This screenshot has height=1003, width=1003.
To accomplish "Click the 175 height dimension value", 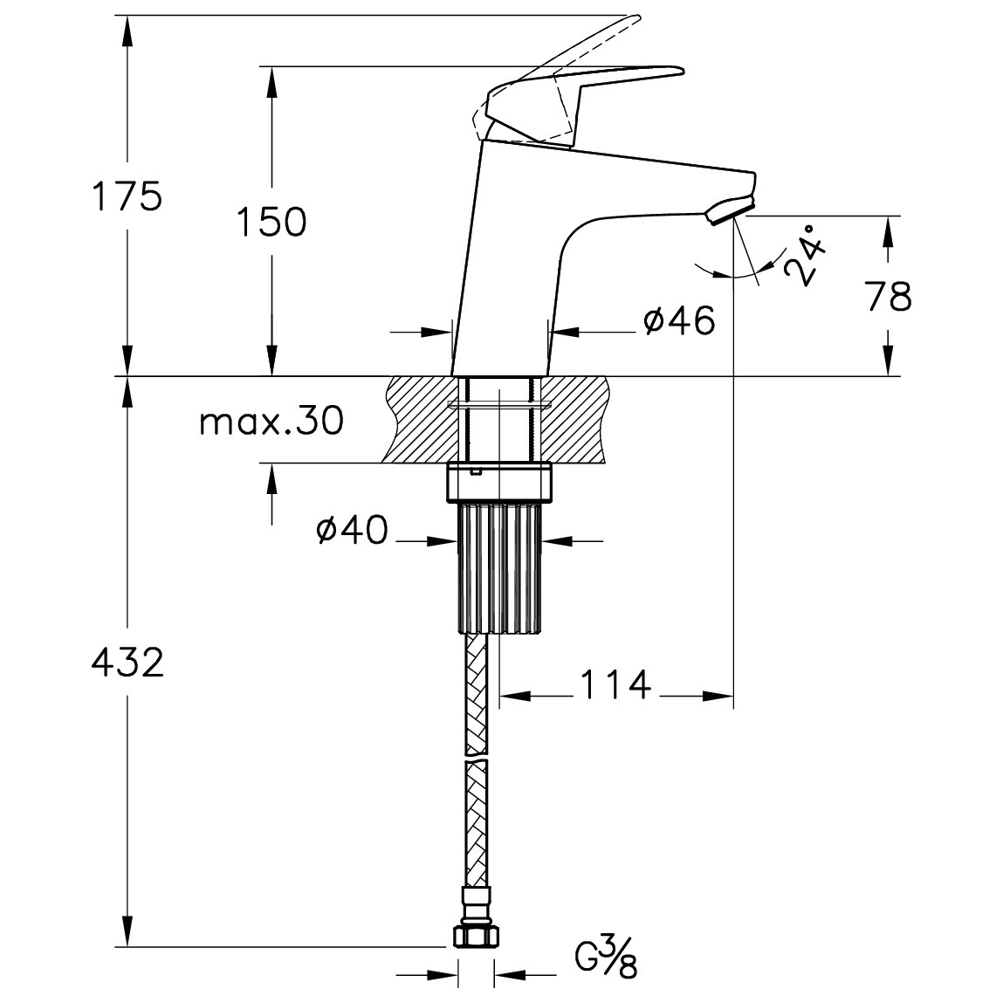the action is coord(127,196).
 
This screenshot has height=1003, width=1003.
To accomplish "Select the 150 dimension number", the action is coord(271,222).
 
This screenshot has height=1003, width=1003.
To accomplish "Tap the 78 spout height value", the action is coord(890,296).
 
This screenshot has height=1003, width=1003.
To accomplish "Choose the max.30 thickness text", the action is coord(271,422).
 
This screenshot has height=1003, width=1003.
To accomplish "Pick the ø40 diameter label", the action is coord(353,530).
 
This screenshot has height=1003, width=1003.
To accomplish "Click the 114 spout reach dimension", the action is coord(615,685).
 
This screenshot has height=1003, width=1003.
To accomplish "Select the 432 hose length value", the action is coord(127,662).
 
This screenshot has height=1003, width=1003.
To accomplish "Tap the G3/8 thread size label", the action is coord(605,957).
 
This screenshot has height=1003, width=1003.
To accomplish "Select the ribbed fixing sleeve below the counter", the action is coord(500,567).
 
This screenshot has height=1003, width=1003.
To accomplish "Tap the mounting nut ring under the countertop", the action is coord(499,483).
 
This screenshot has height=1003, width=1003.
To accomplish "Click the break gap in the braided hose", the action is coord(477,758).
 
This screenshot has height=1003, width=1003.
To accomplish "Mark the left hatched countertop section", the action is coord(423,419).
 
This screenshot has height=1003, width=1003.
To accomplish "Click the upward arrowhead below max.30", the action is coord(271,477).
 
